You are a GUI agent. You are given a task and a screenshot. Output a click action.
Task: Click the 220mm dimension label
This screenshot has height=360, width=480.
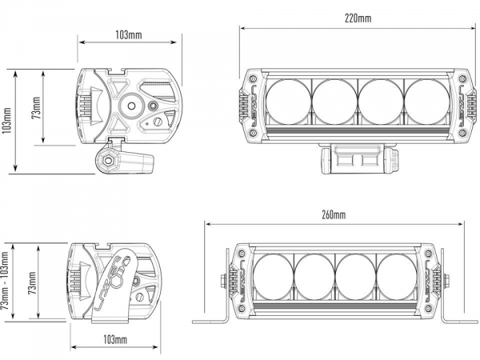point(359,18)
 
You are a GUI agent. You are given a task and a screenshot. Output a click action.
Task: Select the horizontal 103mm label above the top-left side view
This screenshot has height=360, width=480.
point(129,34)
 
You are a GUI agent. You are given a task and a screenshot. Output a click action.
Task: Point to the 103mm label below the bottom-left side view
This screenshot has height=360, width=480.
point(115,340)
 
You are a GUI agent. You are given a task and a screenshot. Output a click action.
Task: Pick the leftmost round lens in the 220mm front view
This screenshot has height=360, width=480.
point(288,100)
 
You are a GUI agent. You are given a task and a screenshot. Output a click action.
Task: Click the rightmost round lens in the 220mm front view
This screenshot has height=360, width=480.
point(426,100)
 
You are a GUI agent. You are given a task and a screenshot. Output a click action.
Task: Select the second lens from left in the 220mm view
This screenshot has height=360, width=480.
point(334,100)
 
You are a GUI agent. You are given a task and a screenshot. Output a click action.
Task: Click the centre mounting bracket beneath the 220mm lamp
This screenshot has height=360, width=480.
point(358,158)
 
